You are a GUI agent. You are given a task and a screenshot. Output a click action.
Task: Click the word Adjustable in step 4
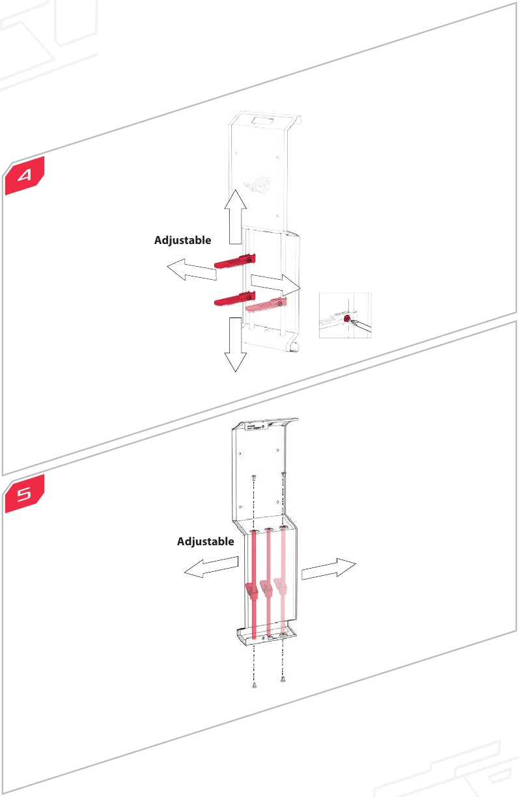coord(182,240)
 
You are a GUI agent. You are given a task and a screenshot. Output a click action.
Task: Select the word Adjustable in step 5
coord(205,541)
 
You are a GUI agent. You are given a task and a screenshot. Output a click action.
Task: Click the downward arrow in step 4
coord(235,345)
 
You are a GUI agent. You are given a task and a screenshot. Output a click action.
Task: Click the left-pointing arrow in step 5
coord(210,568)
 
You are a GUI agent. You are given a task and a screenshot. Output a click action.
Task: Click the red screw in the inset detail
coord(346,319)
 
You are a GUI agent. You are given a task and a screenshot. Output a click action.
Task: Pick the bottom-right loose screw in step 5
coord(283,680)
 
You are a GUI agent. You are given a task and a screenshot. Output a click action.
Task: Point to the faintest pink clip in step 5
coord(281,585)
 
